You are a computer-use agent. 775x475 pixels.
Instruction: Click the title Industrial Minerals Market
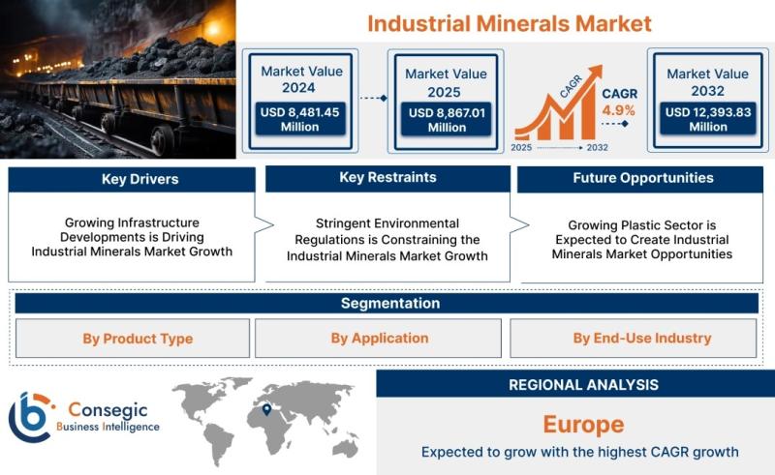(x=510, y=23)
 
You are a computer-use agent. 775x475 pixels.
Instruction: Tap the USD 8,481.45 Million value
(x=300, y=119)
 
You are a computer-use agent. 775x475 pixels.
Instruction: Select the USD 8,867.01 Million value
(x=447, y=120)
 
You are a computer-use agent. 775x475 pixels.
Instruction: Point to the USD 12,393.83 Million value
(x=708, y=119)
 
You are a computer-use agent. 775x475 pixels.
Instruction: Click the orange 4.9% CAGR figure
(x=618, y=110)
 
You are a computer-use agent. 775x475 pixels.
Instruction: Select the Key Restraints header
(x=387, y=178)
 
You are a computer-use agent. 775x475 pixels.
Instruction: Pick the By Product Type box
(x=133, y=339)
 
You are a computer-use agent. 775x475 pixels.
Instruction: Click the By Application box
(x=378, y=339)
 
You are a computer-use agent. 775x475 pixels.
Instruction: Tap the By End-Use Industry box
(x=634, y=339)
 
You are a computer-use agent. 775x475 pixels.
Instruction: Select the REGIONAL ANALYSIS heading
(x=584, y=385)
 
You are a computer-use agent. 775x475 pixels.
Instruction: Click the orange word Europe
(x=584, y=424)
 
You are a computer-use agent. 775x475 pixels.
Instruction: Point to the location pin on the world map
(x=266, y=410)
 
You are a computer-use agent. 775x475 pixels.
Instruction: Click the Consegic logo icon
(x=31, y=417)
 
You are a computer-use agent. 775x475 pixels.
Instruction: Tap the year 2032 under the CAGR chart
(x=597, y=147)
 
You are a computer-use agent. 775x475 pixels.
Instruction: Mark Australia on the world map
(x=345, y=447)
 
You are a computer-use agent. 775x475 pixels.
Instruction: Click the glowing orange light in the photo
(x=213, y=29)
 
